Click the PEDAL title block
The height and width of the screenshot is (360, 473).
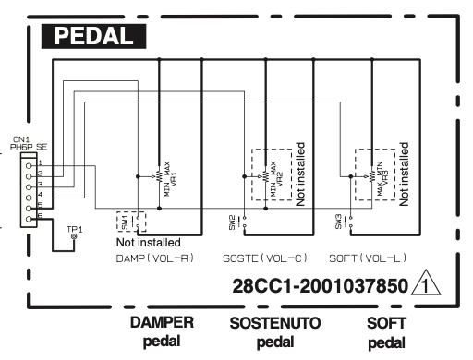click(x=94, y=37)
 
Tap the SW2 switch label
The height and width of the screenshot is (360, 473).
click(x=233, y=222)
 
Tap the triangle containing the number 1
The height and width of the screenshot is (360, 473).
click(x=428, y=288)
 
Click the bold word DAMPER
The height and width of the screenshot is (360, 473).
click(x=162, y=323)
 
